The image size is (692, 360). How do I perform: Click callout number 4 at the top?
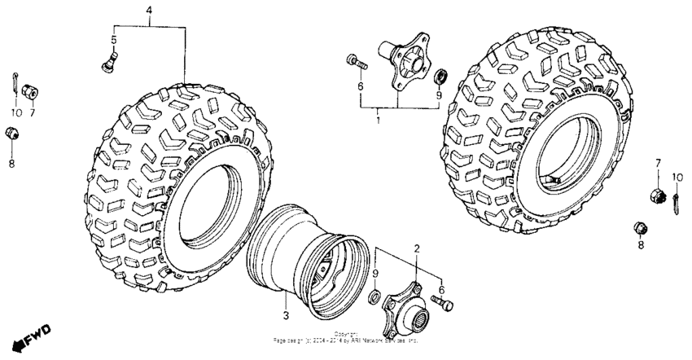(149, 10)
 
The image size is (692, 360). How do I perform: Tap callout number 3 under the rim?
(286, 314)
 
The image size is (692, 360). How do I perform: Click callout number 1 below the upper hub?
(378, 121)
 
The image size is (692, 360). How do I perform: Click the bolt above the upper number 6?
(356, 60)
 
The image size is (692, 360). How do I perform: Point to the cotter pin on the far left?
(18, 80)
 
